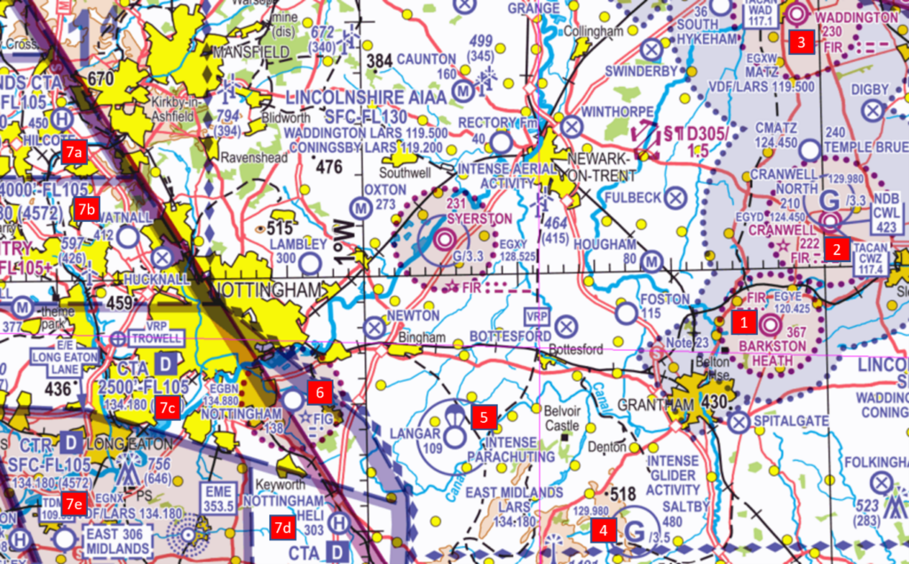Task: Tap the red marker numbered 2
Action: [834, 249]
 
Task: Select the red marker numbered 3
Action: [802, 41]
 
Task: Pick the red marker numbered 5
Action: [484, 417]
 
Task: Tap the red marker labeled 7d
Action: [283, 528]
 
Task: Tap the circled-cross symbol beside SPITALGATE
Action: [739, 422]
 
